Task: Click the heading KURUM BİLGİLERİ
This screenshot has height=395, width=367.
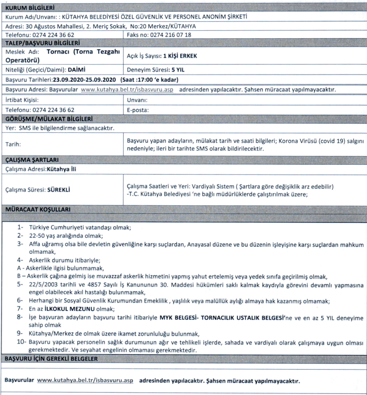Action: click(29, 7)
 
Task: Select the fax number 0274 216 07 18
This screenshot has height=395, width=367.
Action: click(169, 35)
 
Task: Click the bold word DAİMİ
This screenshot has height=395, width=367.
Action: click(80, 70)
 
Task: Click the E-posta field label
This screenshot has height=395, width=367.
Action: click(138, 109)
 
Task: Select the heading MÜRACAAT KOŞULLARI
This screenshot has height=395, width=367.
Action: click(37, 210)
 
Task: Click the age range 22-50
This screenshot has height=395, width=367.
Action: click(39, 235)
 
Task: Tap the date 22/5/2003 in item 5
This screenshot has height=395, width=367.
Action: click(45, 284)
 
